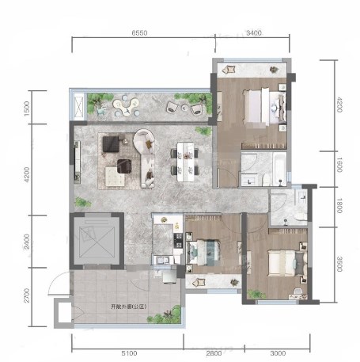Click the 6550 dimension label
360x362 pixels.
[x=139, y=33]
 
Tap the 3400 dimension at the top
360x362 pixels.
[x=254, y=32]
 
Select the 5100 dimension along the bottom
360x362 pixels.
[x=129, y=353]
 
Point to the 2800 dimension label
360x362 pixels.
[x=214, y=353]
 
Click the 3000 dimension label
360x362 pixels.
[x=278, y=353]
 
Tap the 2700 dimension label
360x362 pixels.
[x=27, y=295]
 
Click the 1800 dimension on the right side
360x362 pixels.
[x=339, y=206]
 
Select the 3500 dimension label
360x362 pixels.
[x=339, y=264]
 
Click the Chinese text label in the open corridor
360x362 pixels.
[x=128, y=307]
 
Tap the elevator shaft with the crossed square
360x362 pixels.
[x=97, y=241]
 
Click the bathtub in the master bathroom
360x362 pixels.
[x=280, y=169]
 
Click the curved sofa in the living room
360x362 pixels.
[x=145, y=158]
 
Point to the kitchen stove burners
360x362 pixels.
[x=178, y=241]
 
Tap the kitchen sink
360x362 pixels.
[x=163, y=260]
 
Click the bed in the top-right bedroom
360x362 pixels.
[x=264, y=106]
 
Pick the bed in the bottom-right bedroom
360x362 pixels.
[x=287, y=263]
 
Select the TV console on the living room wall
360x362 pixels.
[x=77, y=162]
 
